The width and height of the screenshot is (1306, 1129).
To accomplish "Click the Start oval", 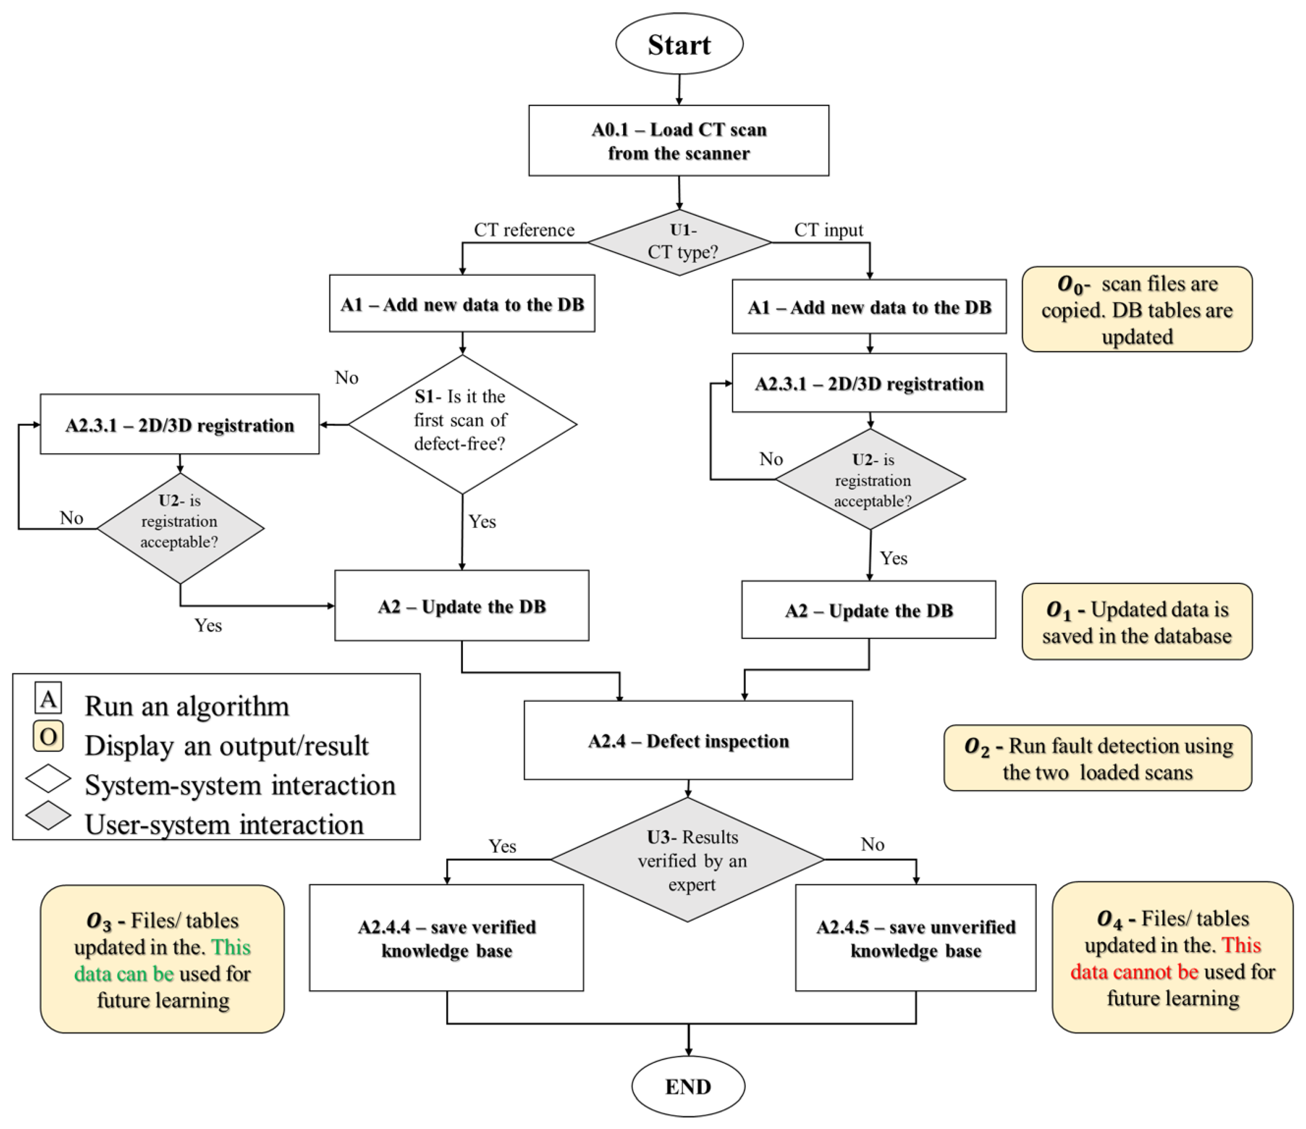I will coord(679,44).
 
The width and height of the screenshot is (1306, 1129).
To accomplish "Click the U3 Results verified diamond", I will coord(688,860).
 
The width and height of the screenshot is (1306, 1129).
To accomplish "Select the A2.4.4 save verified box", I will coord(446,938).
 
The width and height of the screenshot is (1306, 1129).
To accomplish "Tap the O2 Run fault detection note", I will coord(1098,758).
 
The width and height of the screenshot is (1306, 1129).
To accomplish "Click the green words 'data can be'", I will coord(124,974).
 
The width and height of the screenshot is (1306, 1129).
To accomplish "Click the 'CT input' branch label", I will coord(828,230).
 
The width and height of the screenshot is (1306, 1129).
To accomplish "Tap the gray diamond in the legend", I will coord(48,815).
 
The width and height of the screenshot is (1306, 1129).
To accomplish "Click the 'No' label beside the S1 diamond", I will coord(346,377).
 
